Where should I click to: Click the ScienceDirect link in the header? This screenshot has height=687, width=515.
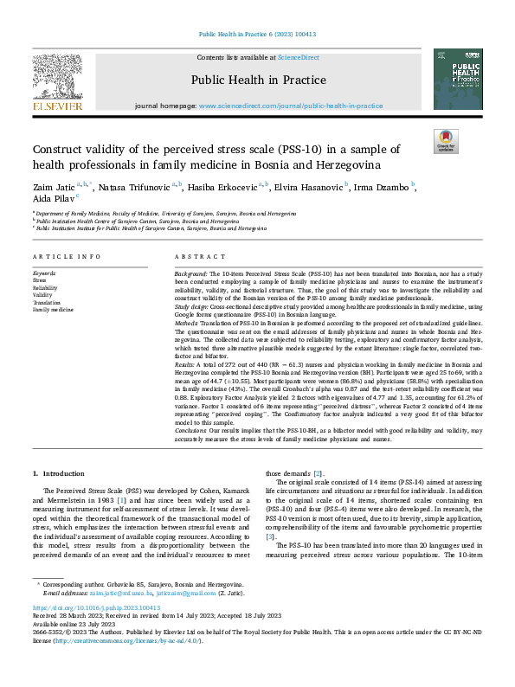point(298,57)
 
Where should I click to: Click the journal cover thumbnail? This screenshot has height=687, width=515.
point(459,80)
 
